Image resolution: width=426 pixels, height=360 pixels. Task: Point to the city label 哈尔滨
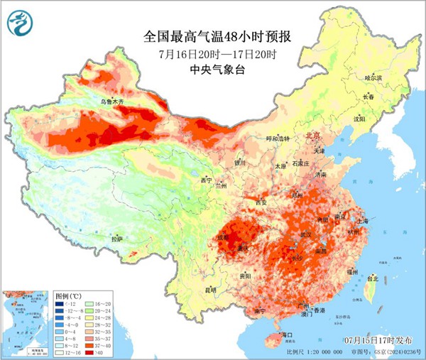[372, 77]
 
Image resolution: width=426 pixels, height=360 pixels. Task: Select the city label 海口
[287, 334]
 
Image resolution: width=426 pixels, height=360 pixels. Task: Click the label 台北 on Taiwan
[371, 279]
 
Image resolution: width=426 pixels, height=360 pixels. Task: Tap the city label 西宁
[206, 180]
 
